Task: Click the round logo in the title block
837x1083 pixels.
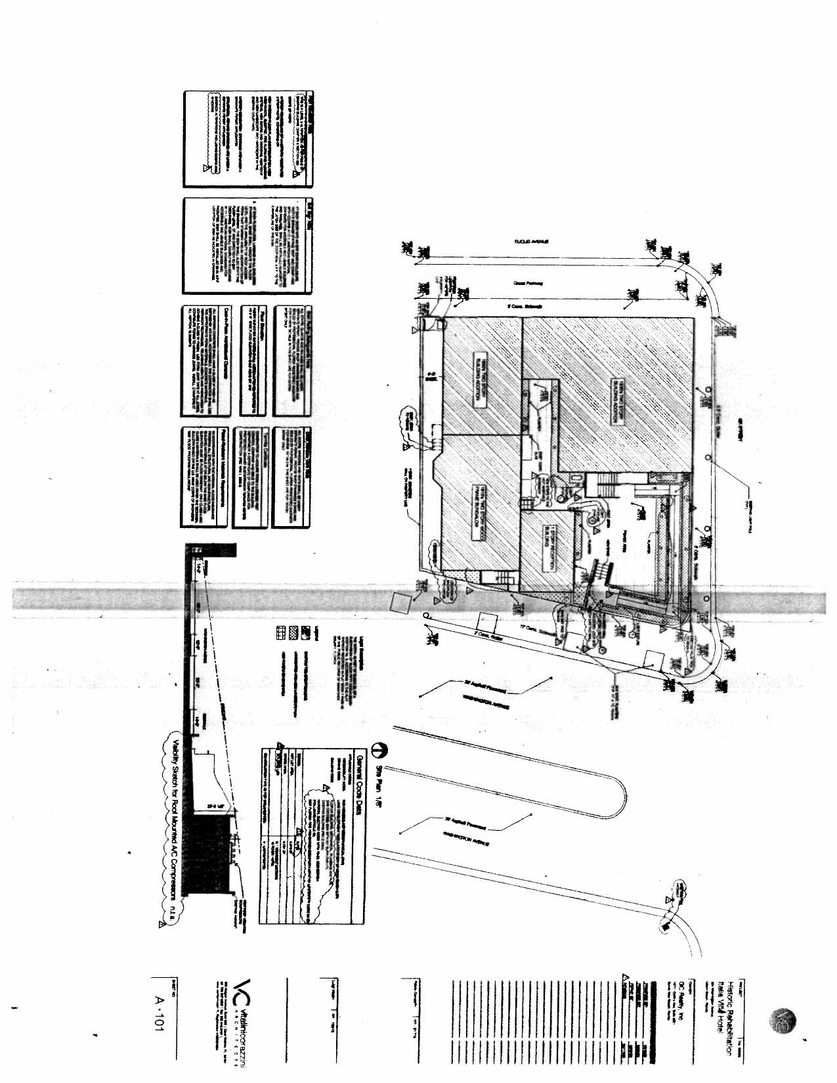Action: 782,1022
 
